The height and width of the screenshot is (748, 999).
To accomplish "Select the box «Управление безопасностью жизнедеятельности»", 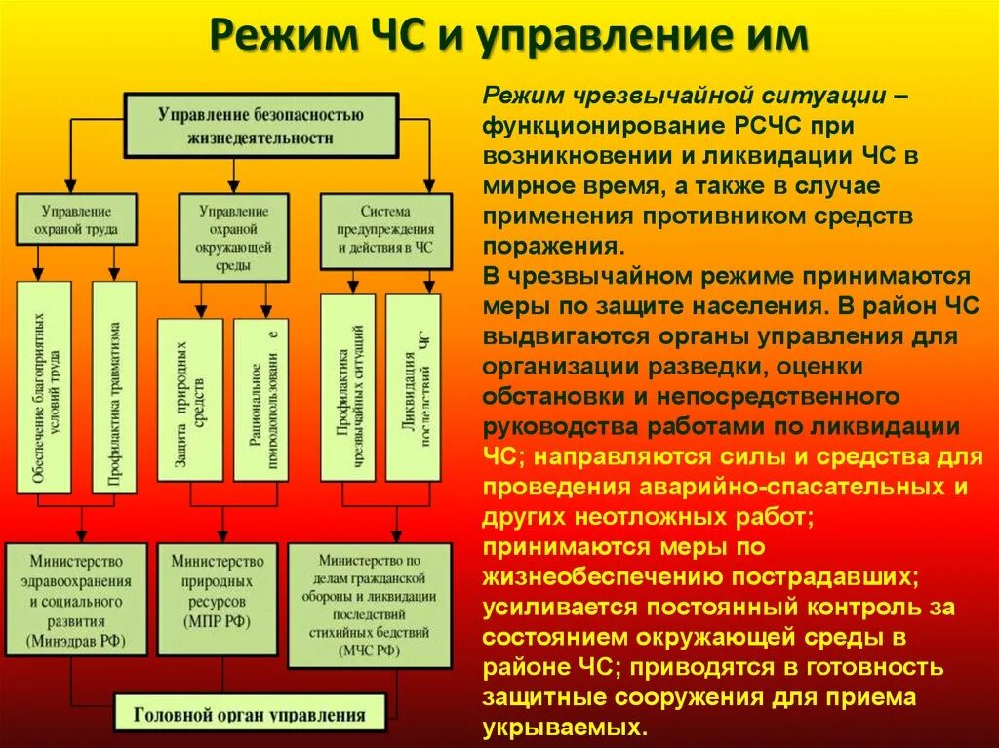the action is click(x=260, y=125).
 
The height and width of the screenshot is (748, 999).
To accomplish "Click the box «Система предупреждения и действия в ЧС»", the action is click(x=385, y=230).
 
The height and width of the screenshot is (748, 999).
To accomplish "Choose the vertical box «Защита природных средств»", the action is click(x=189, y=399).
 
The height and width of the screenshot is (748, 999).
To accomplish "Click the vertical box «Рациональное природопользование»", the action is click(x=260, y=399).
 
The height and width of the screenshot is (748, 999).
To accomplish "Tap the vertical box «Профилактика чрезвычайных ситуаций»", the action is click(x=348, y=387).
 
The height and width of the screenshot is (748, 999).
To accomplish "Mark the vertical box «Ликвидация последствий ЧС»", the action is click(x=413, y=387).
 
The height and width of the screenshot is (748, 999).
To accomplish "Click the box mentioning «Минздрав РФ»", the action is click(x=76, y=599).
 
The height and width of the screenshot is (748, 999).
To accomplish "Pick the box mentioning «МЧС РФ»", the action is click(x=369, y=606).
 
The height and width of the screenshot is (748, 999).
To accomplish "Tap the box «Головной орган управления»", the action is click(x=251, y=714).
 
